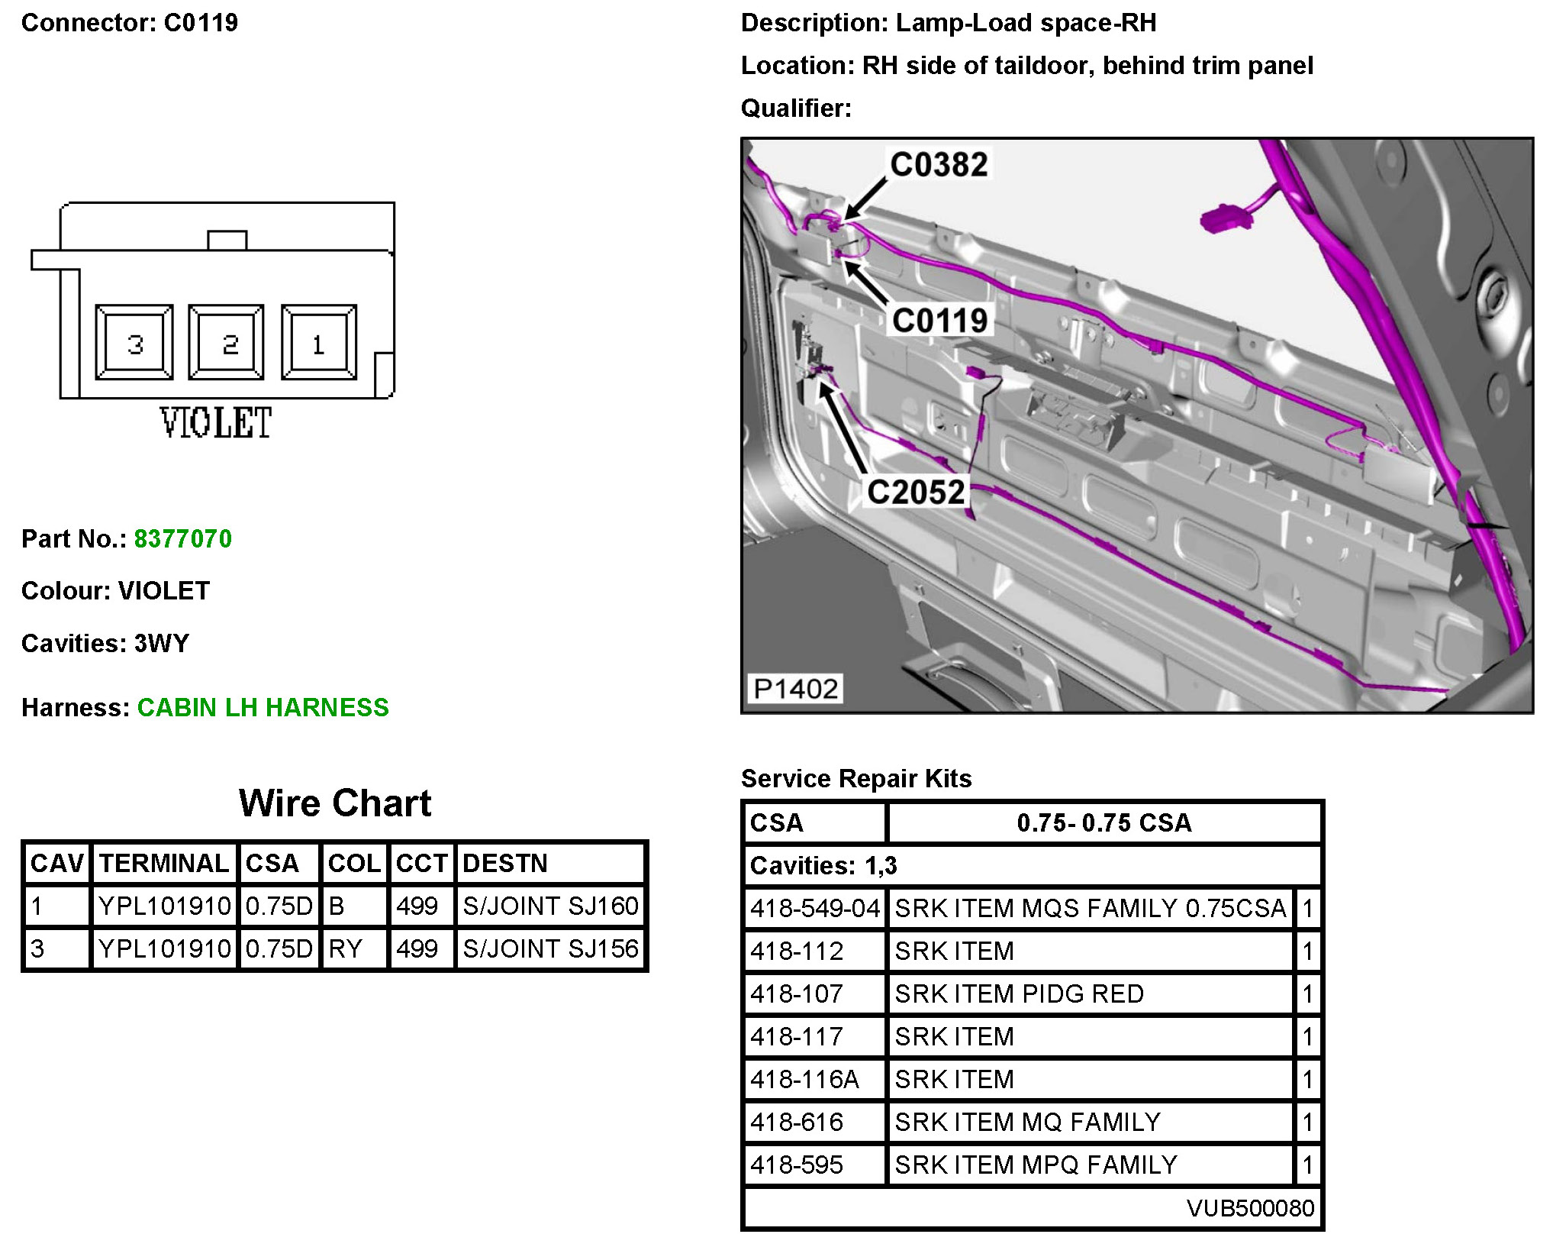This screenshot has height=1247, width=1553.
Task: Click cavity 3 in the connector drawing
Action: coord(134,343)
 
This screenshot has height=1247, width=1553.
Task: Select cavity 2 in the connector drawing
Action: coord(227,343)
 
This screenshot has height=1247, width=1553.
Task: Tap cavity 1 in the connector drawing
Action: coord(319,343)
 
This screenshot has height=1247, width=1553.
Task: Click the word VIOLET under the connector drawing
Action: coord(216,423)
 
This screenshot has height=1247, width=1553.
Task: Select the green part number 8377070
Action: coord(183,539)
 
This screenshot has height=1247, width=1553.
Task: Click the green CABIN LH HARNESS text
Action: coord(263,708)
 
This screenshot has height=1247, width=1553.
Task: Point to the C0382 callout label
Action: coord(939,165)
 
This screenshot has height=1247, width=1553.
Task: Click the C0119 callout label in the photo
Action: coord(940,321)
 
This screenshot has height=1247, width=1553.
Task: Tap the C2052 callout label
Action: coord(916,493)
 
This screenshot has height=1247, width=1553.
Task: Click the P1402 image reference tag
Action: coord(795,689)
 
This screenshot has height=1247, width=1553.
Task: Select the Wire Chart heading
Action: coord(335,803)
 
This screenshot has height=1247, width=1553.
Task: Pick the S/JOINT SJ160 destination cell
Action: coord(550,906)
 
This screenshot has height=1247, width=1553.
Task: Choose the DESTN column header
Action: coord(505,864)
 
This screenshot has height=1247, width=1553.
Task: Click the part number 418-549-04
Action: coord(815,909)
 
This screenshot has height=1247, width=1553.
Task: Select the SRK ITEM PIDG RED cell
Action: coord(1019,994)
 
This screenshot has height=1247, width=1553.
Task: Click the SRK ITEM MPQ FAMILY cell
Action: coord(1036,1165)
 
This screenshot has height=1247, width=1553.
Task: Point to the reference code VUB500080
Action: coord(1250,1208)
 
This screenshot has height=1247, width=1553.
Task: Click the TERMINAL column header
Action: coord(164,864)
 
